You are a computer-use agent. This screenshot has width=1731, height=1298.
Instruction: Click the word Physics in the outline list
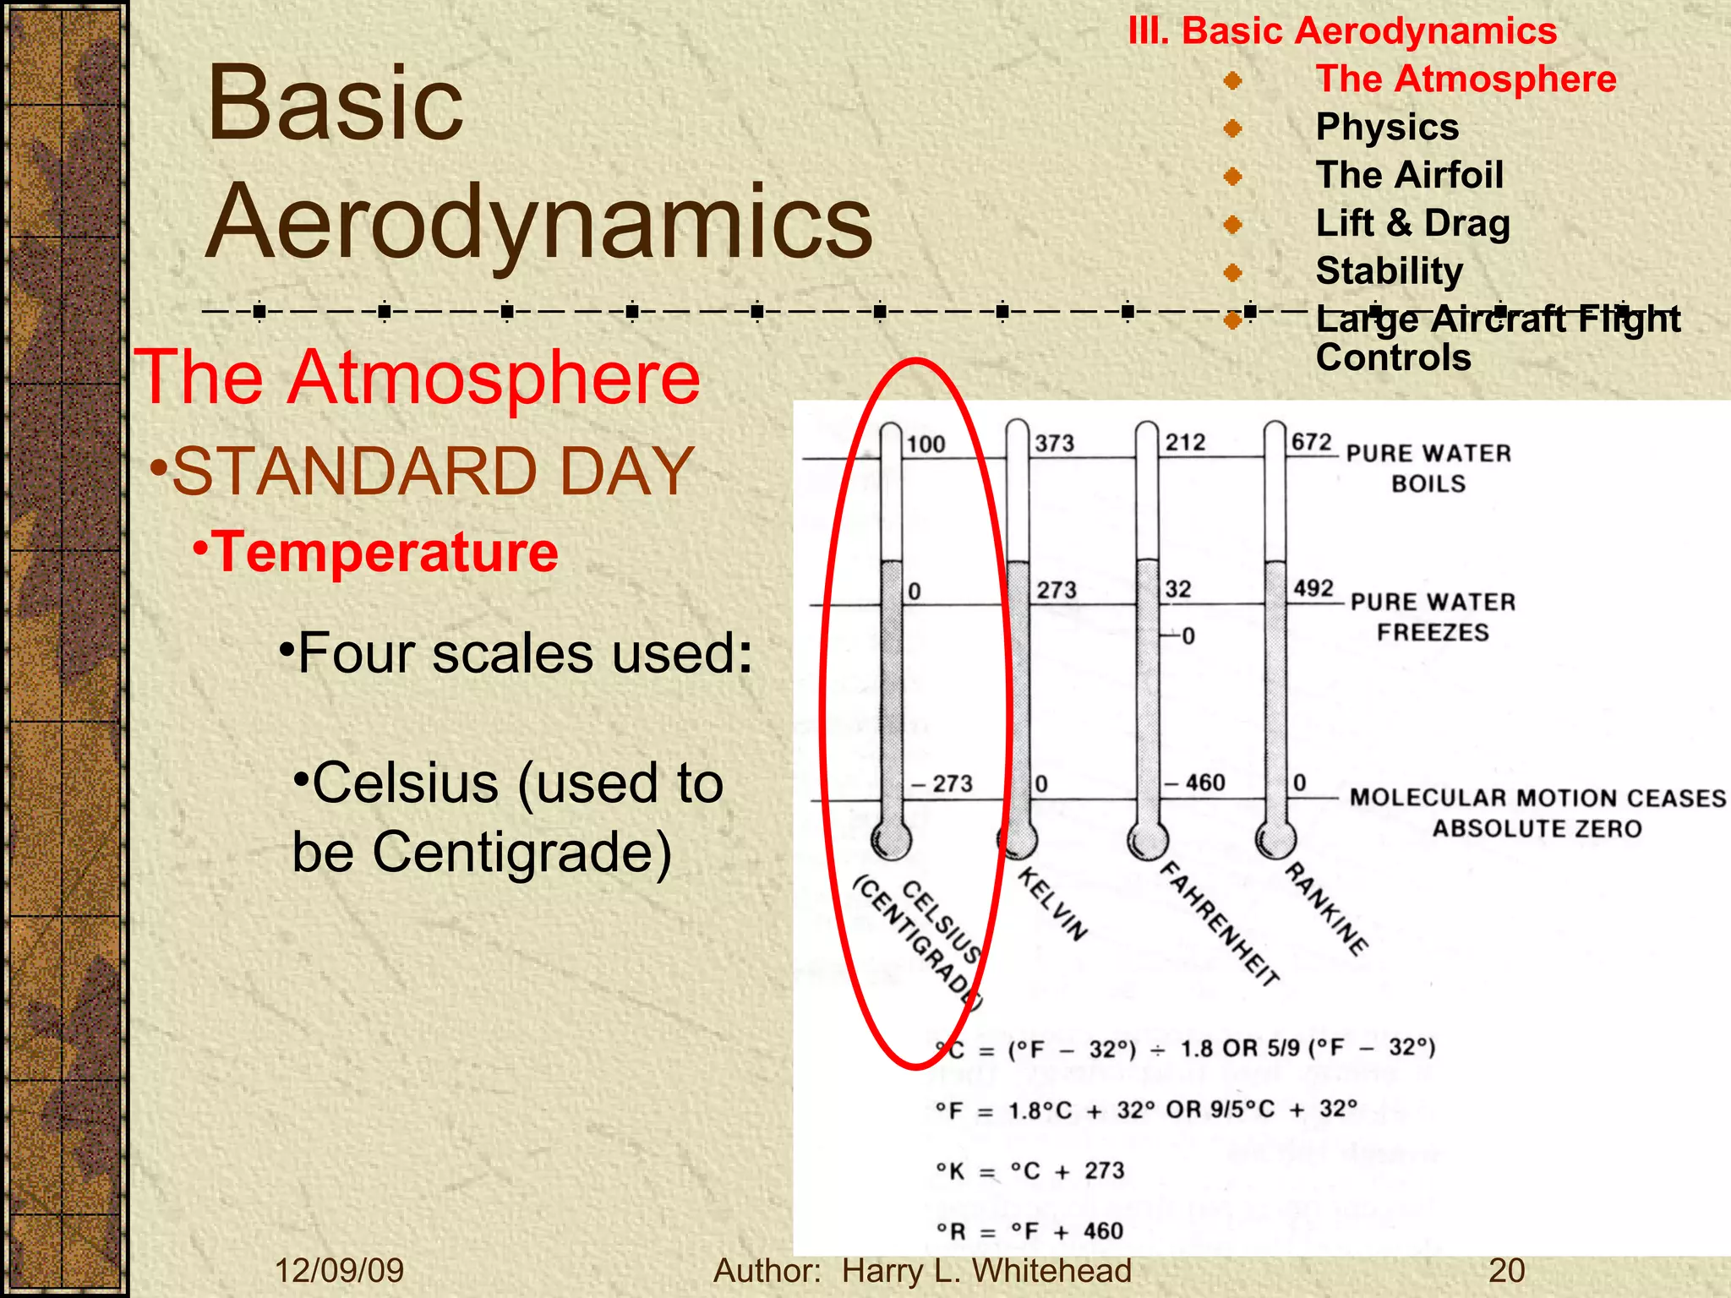point(1387,128)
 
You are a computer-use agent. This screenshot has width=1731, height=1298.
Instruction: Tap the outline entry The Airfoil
point(1409,176)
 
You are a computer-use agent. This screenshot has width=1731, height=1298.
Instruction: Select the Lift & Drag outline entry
point(1412,224)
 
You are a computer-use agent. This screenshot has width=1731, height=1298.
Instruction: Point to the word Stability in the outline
point(1389,271)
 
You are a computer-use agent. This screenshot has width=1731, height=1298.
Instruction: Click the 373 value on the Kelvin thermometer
point(1054,443)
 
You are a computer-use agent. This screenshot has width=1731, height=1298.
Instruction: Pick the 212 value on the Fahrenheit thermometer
point(1185,442)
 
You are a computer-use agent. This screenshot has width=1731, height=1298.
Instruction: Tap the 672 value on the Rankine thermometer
point(1311,442)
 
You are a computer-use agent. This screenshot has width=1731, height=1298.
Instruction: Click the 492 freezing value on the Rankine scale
point(1313,588)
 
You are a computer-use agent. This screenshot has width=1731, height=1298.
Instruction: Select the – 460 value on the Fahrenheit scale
point(1195,783)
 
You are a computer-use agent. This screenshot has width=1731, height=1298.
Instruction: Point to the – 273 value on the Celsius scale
point(942,783)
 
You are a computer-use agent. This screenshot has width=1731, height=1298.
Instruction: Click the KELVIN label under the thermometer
point(1052,903)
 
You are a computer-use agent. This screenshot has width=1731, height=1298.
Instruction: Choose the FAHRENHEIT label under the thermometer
point(1218,923)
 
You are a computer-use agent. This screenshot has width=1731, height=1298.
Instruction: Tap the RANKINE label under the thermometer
point(1326,909)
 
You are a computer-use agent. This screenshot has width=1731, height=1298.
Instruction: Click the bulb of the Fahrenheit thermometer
point(1147,840)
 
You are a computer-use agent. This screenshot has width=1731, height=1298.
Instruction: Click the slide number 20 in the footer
point(1506,1270)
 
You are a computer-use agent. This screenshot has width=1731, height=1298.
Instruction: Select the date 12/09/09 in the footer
point(339,1270)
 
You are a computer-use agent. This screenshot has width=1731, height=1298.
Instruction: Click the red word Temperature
point(384,552)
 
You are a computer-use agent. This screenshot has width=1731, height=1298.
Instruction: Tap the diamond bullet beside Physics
point(1233,128)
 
